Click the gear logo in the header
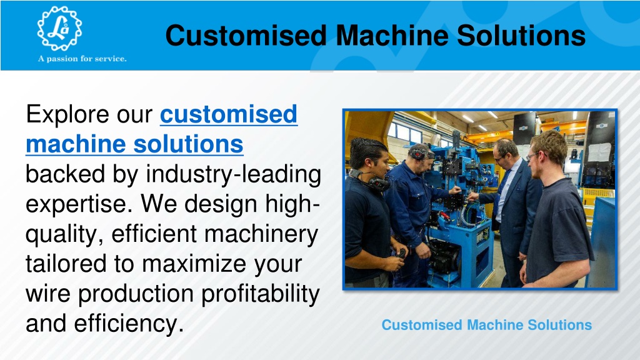pyautogui.click(x=59, y=28)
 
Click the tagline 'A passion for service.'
pyautogui.click(x=82, y=59)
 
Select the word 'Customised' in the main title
pyautogui.click(x=246, y=35)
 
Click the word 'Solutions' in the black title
pyautogui.click(x=521, y=35)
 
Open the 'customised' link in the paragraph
pyautogui.click(x=229, y=114)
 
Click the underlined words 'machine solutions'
pyautogui.click(x=135, y=144)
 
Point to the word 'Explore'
pyautogui.click(x=69, y=114)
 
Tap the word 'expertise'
pyautogui.click(x=78, y=204)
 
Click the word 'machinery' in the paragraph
pyautogui.click(x=261, y=234)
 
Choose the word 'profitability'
pyautogui.click(x=261, y=294)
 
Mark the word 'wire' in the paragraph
pyautogui.click(x=47, y=294)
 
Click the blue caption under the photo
pyautogui.click(x=486, y=325)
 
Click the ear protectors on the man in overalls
pyautogui.click(x=420, y=153)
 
